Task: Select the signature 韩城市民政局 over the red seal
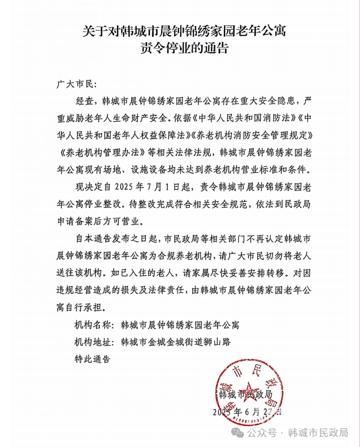pyautogui.click(x=245, y=394)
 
